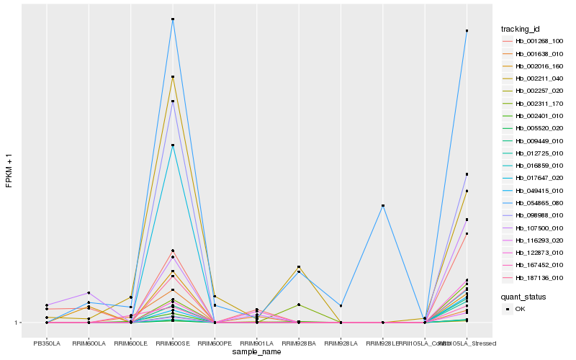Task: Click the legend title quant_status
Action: [523, 296]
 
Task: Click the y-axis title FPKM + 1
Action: [9, 170]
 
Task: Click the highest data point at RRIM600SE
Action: [173, 19]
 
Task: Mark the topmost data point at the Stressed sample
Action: [467, 31]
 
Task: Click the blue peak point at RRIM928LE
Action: [383, 206]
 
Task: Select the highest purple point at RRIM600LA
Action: [89, 293]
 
